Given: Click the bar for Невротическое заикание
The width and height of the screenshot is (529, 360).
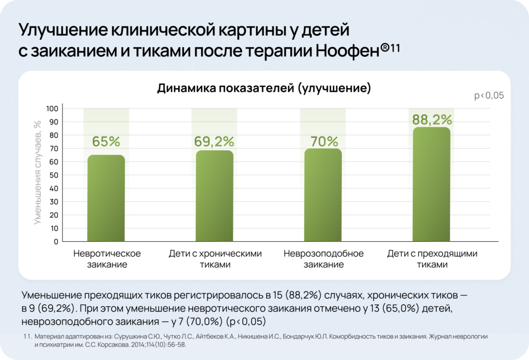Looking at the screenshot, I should (106, 198).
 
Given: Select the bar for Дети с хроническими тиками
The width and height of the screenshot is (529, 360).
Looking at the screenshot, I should (214, 196).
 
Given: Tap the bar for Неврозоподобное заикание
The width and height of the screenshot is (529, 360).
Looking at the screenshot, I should (323, 195).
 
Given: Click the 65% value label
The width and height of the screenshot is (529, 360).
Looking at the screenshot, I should (106, 142).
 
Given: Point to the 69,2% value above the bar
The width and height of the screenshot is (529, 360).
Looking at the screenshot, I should (214, 141).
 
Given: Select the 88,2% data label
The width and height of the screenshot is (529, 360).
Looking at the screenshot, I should (432, 120).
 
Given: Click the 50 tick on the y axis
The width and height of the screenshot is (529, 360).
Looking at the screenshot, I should (53, 175).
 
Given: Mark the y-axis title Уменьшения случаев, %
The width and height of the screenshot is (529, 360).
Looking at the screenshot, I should (37, 172).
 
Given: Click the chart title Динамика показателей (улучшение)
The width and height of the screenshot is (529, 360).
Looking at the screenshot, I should (264, 88).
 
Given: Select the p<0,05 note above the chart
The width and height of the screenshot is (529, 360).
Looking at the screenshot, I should (489, 96).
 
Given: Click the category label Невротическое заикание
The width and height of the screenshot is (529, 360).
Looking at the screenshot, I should (107, 259).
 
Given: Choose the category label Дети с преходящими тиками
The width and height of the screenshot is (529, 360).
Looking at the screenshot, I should (432, 259).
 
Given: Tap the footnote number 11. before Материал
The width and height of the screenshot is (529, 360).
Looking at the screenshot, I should (28, 336).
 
